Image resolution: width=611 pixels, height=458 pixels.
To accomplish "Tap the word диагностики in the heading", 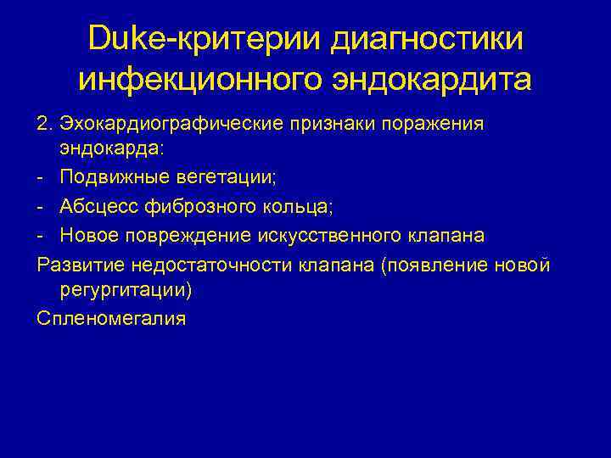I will pyautogui.click(x=427, y=39).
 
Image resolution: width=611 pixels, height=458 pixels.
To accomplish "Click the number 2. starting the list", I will pyautogui.click(x=45, y=124).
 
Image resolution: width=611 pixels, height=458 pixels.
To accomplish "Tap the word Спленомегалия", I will pyautogui.click(x=111, y=319).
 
